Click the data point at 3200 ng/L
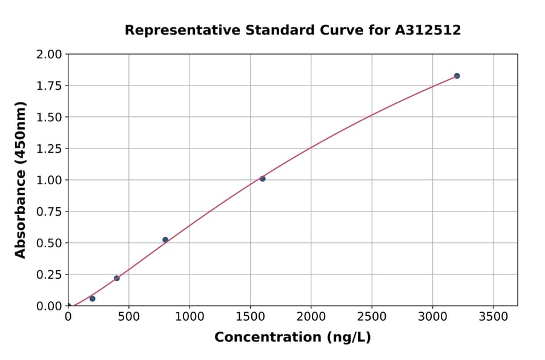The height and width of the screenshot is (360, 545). tap(457, 76)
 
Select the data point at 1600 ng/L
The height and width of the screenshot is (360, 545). tap(262, 179)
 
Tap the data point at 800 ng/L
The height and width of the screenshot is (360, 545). tap(165, 240)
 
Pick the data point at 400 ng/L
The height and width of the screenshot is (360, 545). tap(117, 278)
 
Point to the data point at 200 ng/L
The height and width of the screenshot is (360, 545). tap(93, 299)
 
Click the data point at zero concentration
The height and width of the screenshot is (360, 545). tap(68, 306)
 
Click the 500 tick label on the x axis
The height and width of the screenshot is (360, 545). tap(129, 317)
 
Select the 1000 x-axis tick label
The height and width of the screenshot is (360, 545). tap(190, 317)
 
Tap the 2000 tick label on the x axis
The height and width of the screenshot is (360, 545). tap(311, 317)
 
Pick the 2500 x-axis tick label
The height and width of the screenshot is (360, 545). tap(372, 317)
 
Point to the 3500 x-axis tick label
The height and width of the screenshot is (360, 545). tap(493, 317)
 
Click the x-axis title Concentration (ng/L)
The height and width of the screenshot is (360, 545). tap(292, 338)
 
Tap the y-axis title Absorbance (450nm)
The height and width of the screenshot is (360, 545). tap(21, 180)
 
